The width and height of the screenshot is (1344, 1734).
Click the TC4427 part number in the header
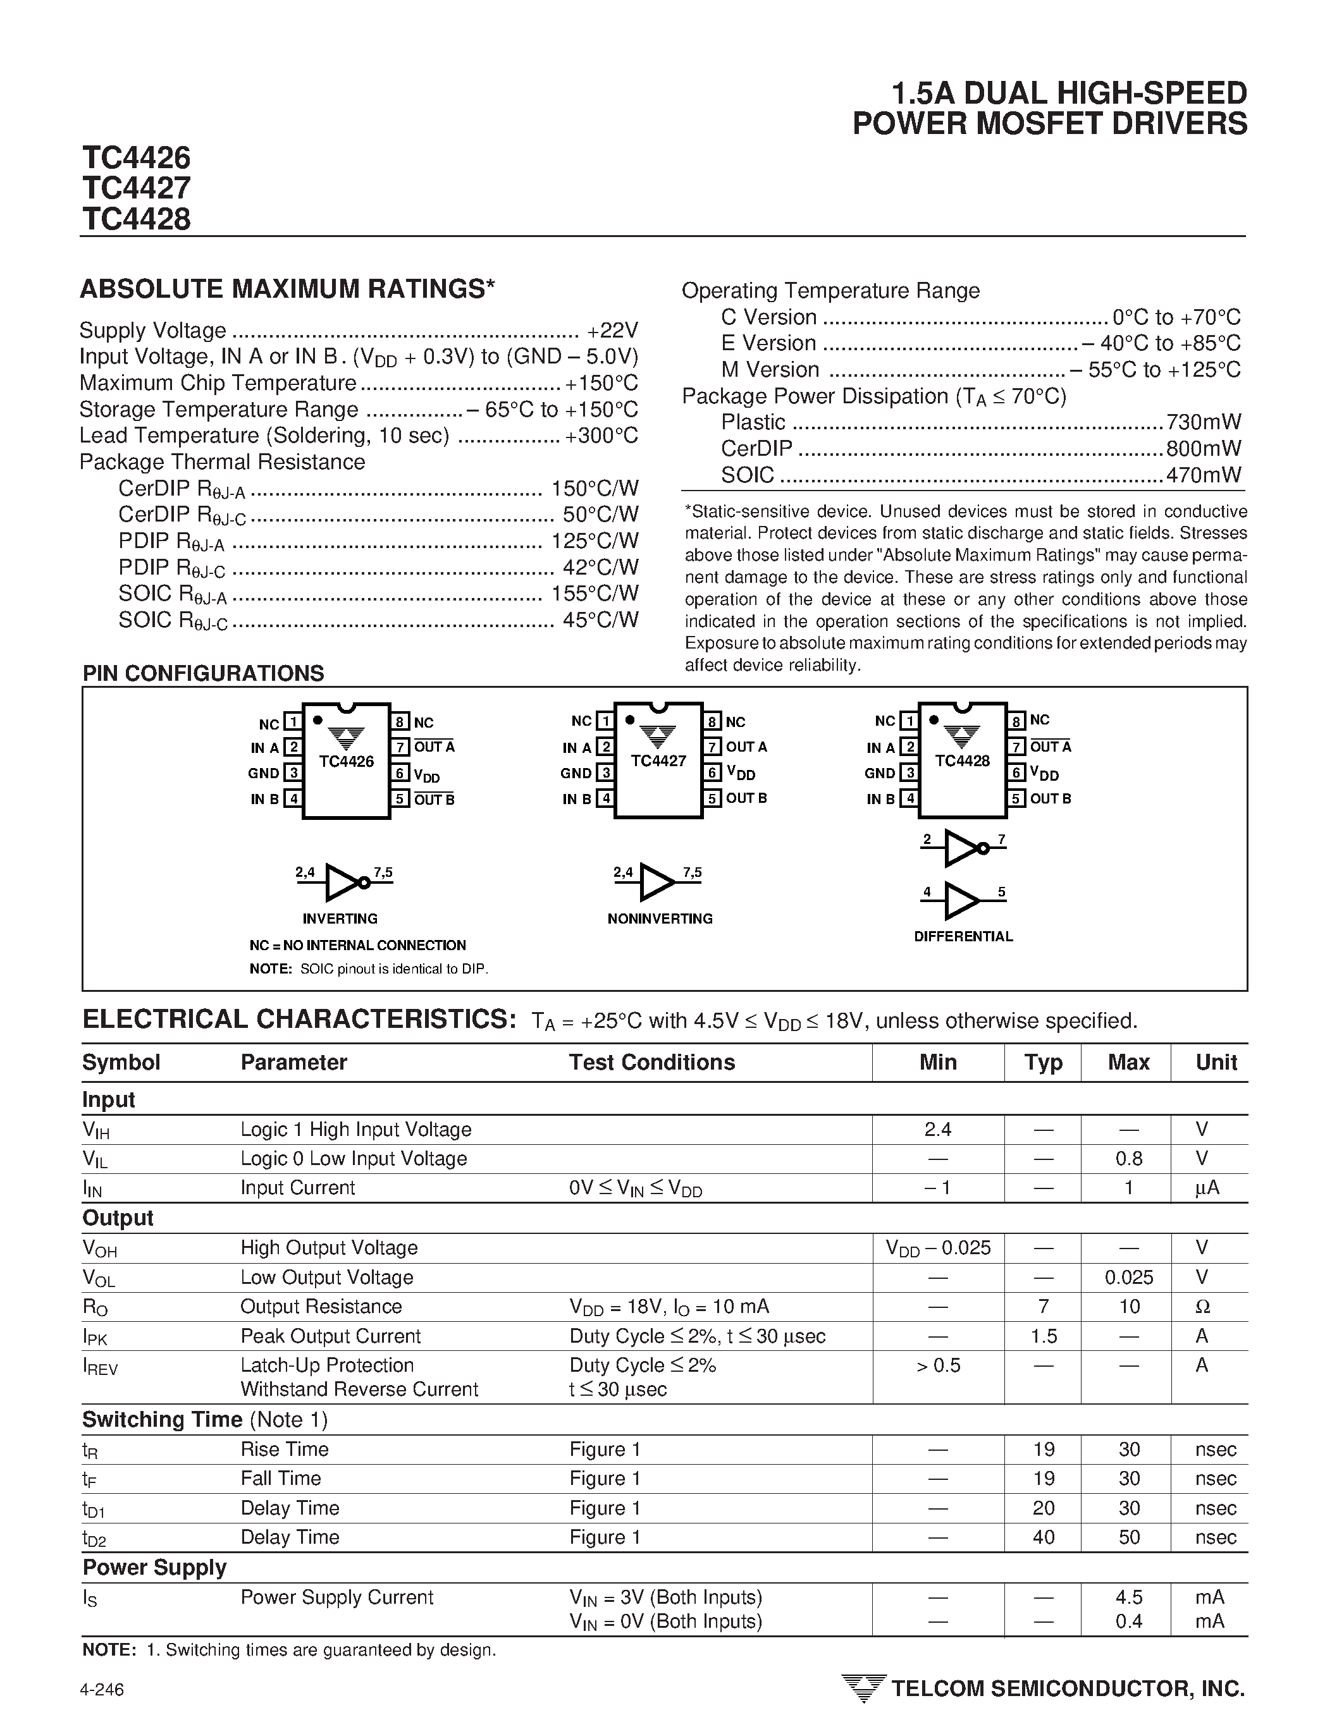[136, 188]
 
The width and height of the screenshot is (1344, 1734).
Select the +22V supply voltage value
[612, 330]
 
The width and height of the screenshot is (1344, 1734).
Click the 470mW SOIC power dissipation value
[1204, 475]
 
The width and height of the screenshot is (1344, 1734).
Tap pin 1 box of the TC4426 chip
[293, 722]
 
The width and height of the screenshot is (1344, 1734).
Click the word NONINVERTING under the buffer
[660, 919]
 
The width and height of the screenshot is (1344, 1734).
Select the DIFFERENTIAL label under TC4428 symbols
[963, 937]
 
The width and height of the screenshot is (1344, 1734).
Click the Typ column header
[1043, 1062]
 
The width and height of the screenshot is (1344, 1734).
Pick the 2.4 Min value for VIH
[937, 1129]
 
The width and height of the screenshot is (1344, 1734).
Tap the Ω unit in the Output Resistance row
[1202, 1307]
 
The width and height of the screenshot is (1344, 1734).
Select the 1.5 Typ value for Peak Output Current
[1043, 1336]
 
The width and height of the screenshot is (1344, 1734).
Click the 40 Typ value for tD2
[1043, 1537]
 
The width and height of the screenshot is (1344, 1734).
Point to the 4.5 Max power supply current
[1129, 1597]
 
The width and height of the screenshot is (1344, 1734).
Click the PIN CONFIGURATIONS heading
[204, 673]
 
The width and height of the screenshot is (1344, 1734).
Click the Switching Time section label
[163, 1420]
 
